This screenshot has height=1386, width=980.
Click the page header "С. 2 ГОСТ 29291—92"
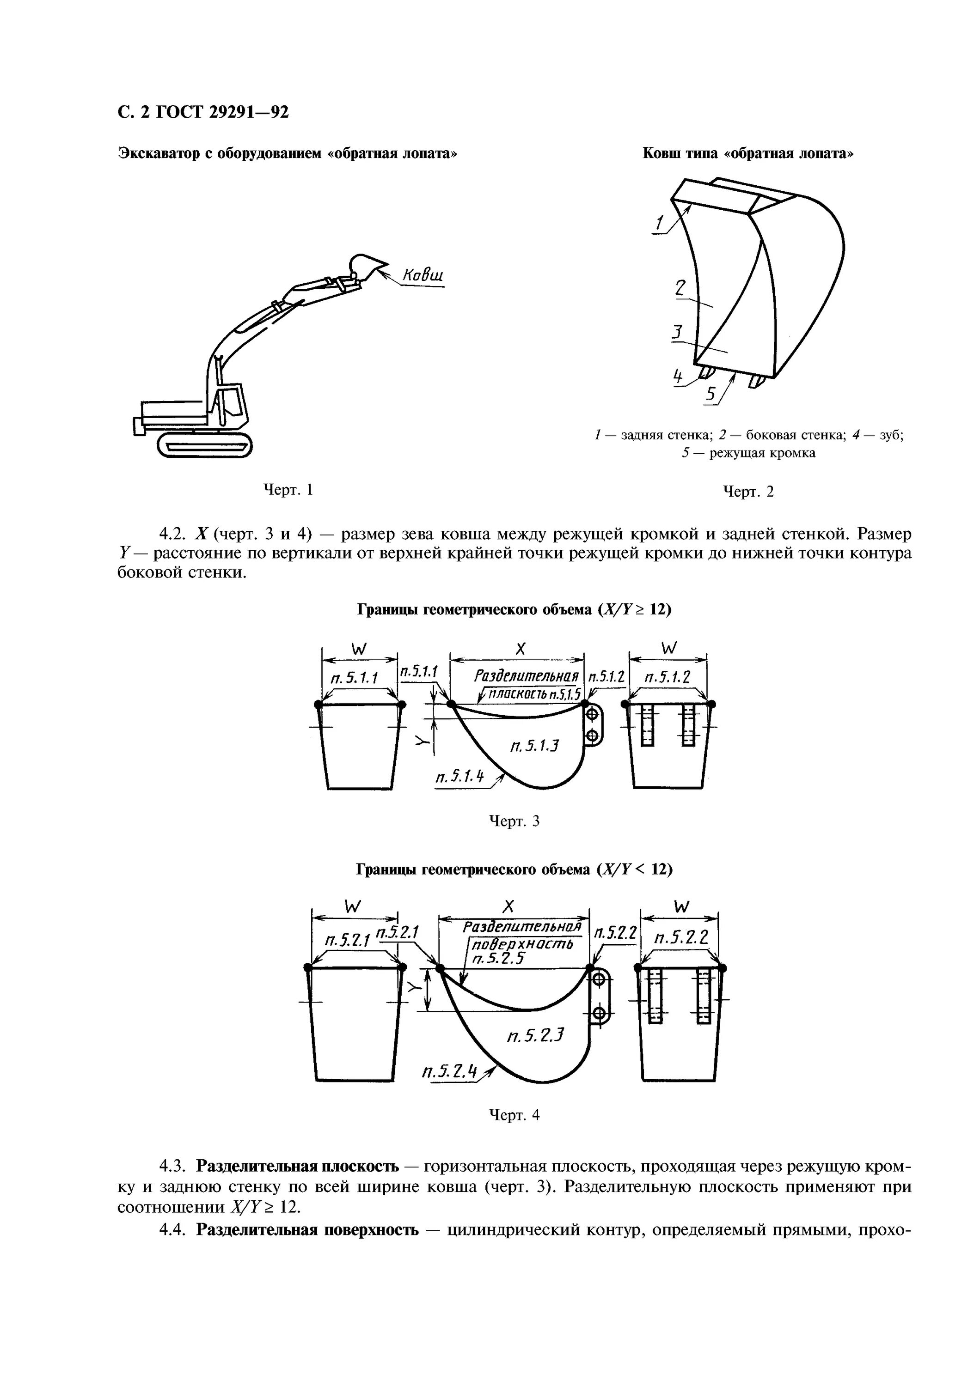203,113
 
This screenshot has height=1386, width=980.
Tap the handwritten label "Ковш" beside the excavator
422,275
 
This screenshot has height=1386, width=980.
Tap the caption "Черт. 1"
288,490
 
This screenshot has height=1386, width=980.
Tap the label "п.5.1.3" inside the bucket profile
534,746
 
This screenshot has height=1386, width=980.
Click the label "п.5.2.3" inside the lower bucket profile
536,1036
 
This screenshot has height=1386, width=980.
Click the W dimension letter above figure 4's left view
353,906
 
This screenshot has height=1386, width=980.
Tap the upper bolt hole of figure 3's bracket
592,715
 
